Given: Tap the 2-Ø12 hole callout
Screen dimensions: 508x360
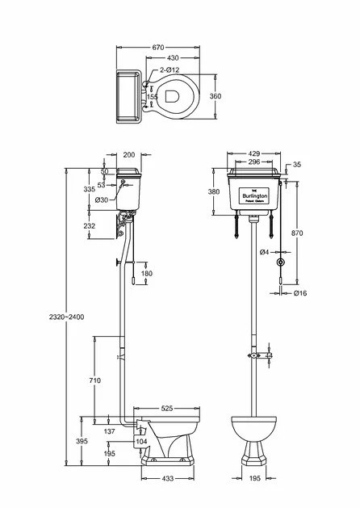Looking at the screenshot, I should click(x=172, y=71).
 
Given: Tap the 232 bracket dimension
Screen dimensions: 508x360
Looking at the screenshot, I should click(x=89, y=227).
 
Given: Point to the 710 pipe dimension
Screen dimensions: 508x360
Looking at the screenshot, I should click(x=94, y=379).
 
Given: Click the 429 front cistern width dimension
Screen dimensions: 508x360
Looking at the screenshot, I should click(x=255, y=153).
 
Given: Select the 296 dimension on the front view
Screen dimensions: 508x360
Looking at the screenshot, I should click(x=255, y=162).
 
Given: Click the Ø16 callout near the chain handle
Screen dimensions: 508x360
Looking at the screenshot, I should click(x=299, y=292).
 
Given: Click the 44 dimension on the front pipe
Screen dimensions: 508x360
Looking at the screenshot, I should click(x=269, y=355).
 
